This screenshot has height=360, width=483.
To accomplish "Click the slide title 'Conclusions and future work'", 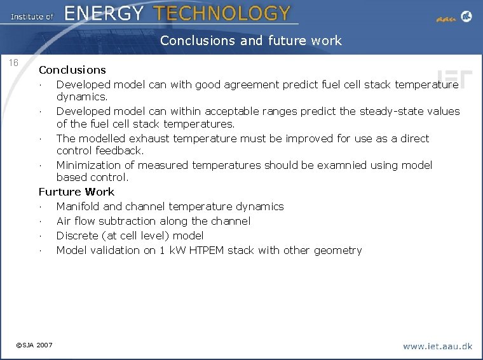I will pyautogui.click(x=250, y=41).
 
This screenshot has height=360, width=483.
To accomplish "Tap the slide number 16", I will pyautogui.click(x=14, y=63).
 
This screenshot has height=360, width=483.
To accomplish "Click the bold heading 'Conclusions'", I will pyautogui.click(x=72, y=70).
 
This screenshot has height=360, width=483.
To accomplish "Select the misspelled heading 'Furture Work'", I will pyautogui.click(x=76, y=192).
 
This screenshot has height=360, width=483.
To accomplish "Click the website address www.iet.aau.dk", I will pyautogui.click(x=437, y=346).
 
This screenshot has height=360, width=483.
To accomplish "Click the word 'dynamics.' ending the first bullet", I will pyautogui.click(x=82, y=97).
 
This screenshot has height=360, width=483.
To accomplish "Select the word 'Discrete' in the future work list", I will pyautogui.click(x=76, y=236).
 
